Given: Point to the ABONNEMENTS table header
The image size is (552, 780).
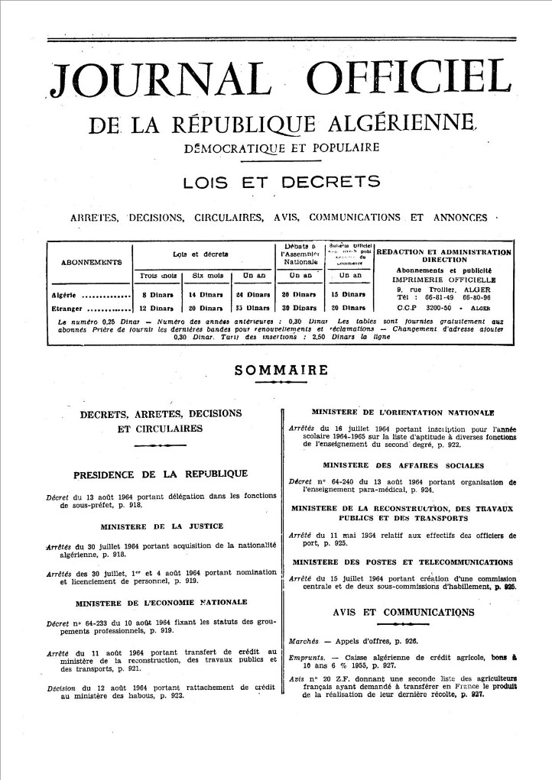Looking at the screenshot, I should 89,261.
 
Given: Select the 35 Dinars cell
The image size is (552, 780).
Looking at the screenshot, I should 255,309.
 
